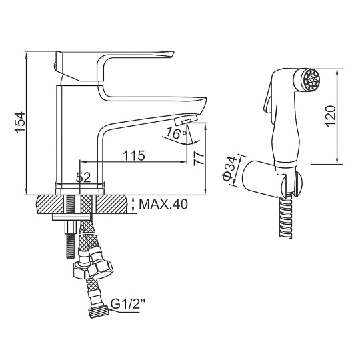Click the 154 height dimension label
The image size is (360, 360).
pyautogui.click(x=20, y=122)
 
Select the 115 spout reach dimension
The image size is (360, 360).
pyautogui.click(x=134, y=155)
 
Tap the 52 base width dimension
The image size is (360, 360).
pyautogui.click(x=83, y=177)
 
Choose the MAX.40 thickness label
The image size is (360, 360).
pyautogui.click(x=163, y=204)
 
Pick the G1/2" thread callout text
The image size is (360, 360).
pyautogui.click(x=127, y=304)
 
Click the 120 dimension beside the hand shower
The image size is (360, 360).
pyautogui.click(x=331, y=116)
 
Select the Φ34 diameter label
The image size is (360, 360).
pyautogui.click(x=229, y=169)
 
